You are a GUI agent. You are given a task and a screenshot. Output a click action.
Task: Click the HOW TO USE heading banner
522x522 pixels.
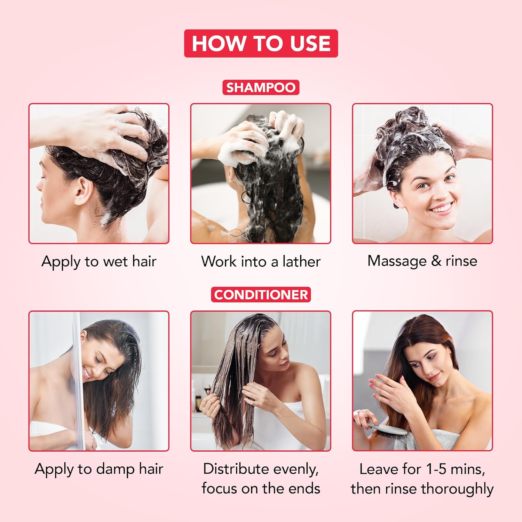(x=261, y=43)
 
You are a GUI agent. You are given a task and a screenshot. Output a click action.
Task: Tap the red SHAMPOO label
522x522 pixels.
(x=261, y=87)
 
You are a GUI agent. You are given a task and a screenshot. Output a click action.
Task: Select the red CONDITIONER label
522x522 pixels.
(x=261, y=294)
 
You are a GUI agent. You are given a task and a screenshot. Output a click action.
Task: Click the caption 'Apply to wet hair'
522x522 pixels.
(x=99, y=262)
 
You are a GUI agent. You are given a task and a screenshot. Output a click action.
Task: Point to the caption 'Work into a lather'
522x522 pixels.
(x=261, y=262)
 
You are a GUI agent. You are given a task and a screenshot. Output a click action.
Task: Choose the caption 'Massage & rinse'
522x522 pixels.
(x=422, y=261)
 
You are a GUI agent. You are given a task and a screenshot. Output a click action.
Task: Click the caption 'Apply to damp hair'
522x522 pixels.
(x=99, y=469)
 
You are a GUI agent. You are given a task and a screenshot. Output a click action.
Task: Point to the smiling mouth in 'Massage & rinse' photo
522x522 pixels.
(x=441, y=208)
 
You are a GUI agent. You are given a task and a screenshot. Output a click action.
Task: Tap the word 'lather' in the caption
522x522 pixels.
(x=301, y=262)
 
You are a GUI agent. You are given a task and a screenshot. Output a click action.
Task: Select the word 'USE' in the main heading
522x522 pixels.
(x=310, y=43)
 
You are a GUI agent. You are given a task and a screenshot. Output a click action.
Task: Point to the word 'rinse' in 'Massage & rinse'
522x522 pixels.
(x=461, y=261)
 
